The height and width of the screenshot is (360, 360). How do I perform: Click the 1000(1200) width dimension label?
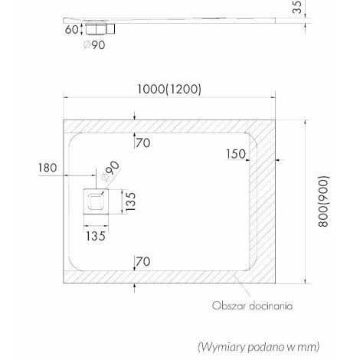point(169,89)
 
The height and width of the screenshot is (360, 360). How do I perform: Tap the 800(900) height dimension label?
point(323,201)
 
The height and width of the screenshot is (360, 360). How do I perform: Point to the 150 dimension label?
point(236,154)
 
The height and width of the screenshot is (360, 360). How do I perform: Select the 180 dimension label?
point(47,168)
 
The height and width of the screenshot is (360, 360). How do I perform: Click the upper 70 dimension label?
point(142,142)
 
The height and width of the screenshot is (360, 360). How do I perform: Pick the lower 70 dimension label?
point(142,261)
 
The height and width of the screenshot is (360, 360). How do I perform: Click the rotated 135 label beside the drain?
point(130,201)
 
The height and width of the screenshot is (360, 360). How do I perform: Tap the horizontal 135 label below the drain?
point(96,236)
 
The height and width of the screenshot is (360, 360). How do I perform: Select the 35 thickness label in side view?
point(297,7)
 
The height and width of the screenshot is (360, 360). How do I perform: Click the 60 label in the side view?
point(71,30)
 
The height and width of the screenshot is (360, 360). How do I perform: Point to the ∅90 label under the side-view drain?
point(94,45)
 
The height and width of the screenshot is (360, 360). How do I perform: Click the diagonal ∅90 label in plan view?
point(110,171)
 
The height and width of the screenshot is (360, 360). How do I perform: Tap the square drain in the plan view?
point(96,201)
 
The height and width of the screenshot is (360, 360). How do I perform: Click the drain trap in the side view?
point(100,28)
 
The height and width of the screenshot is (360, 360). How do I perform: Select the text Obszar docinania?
point(252,306)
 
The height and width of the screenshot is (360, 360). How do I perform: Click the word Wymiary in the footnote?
point(222,347)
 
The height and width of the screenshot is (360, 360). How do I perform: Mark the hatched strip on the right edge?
point(263,201)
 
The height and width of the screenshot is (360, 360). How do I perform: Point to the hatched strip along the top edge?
point(169,126)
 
